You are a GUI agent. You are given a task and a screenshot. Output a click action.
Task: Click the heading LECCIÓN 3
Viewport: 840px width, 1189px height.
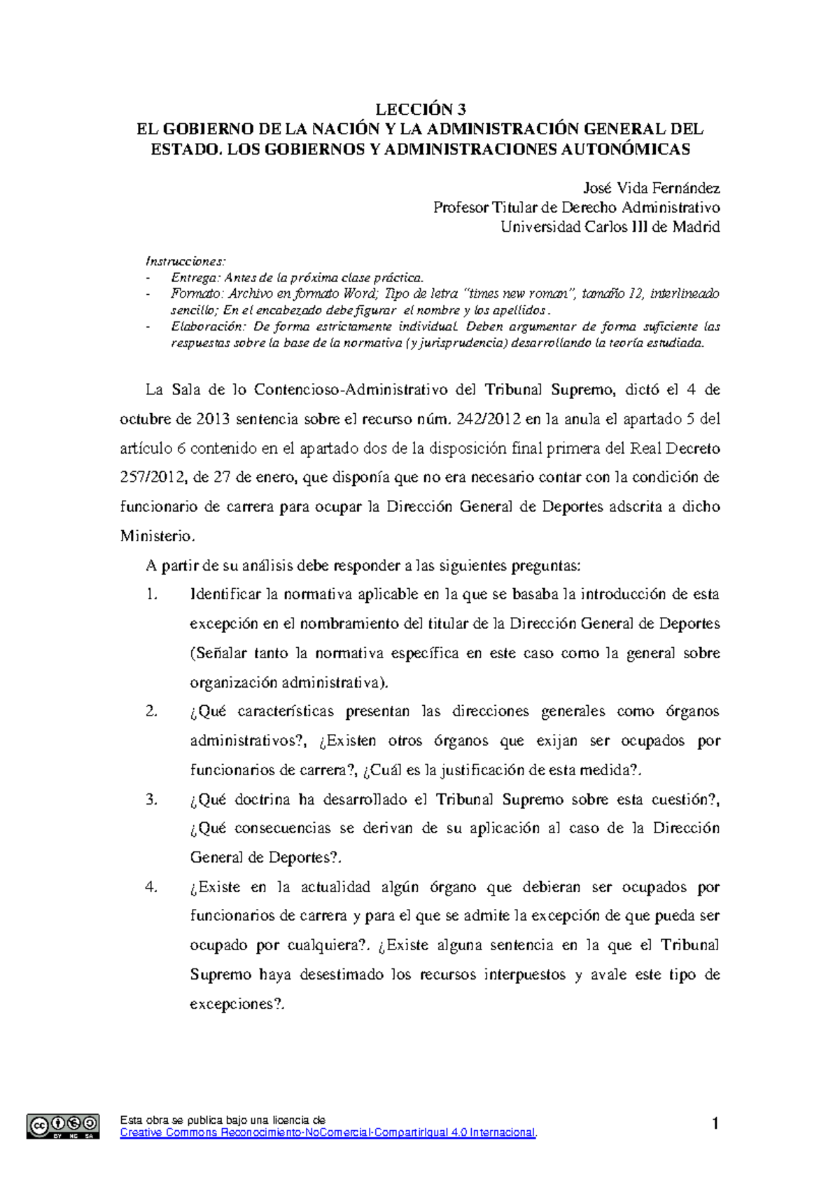420,109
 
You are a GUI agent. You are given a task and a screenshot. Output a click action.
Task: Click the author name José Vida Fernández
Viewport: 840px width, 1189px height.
651,188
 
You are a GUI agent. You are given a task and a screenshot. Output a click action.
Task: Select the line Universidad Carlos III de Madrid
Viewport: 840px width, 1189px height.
610,227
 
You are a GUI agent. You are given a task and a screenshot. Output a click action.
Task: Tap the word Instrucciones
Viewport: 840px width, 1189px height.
185,261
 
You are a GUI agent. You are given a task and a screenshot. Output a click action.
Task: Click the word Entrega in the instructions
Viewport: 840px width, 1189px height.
195,278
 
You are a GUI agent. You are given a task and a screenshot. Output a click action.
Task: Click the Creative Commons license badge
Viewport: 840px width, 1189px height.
63,1126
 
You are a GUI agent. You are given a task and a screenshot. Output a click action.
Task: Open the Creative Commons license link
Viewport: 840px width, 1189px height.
328,1132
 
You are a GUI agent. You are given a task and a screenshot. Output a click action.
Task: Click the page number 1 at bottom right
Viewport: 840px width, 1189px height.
715,1124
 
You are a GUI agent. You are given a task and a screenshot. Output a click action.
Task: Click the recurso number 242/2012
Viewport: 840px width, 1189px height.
488,419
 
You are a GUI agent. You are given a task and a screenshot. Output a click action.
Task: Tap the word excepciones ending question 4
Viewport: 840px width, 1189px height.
235,1004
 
